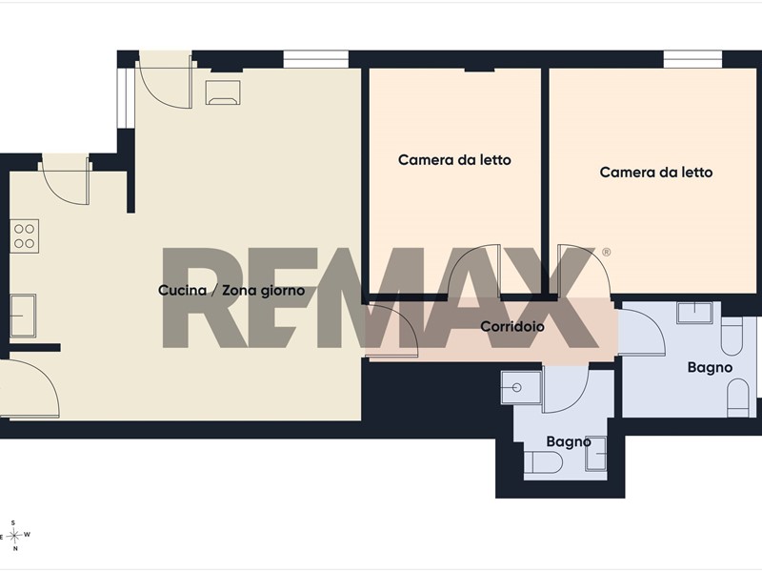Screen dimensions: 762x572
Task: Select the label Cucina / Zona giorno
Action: [231, 291]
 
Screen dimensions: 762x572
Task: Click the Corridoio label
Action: [512, 326]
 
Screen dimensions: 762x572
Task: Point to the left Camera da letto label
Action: [454, 160]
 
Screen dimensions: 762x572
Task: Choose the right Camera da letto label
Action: [656, 173]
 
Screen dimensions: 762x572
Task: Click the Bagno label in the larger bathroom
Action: [710, 367]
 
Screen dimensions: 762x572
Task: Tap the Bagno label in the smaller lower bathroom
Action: [569, 441]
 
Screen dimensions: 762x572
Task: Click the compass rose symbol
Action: [15, 536]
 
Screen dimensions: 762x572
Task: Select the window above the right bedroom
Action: [693, 59]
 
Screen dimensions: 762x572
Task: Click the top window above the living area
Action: [316, 59]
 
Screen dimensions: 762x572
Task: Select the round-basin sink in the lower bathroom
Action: [521, 387]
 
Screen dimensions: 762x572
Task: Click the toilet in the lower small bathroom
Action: [543, 462]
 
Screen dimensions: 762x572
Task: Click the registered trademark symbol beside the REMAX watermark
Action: [606, 252]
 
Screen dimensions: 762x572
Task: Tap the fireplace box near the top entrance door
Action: [223, 92]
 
